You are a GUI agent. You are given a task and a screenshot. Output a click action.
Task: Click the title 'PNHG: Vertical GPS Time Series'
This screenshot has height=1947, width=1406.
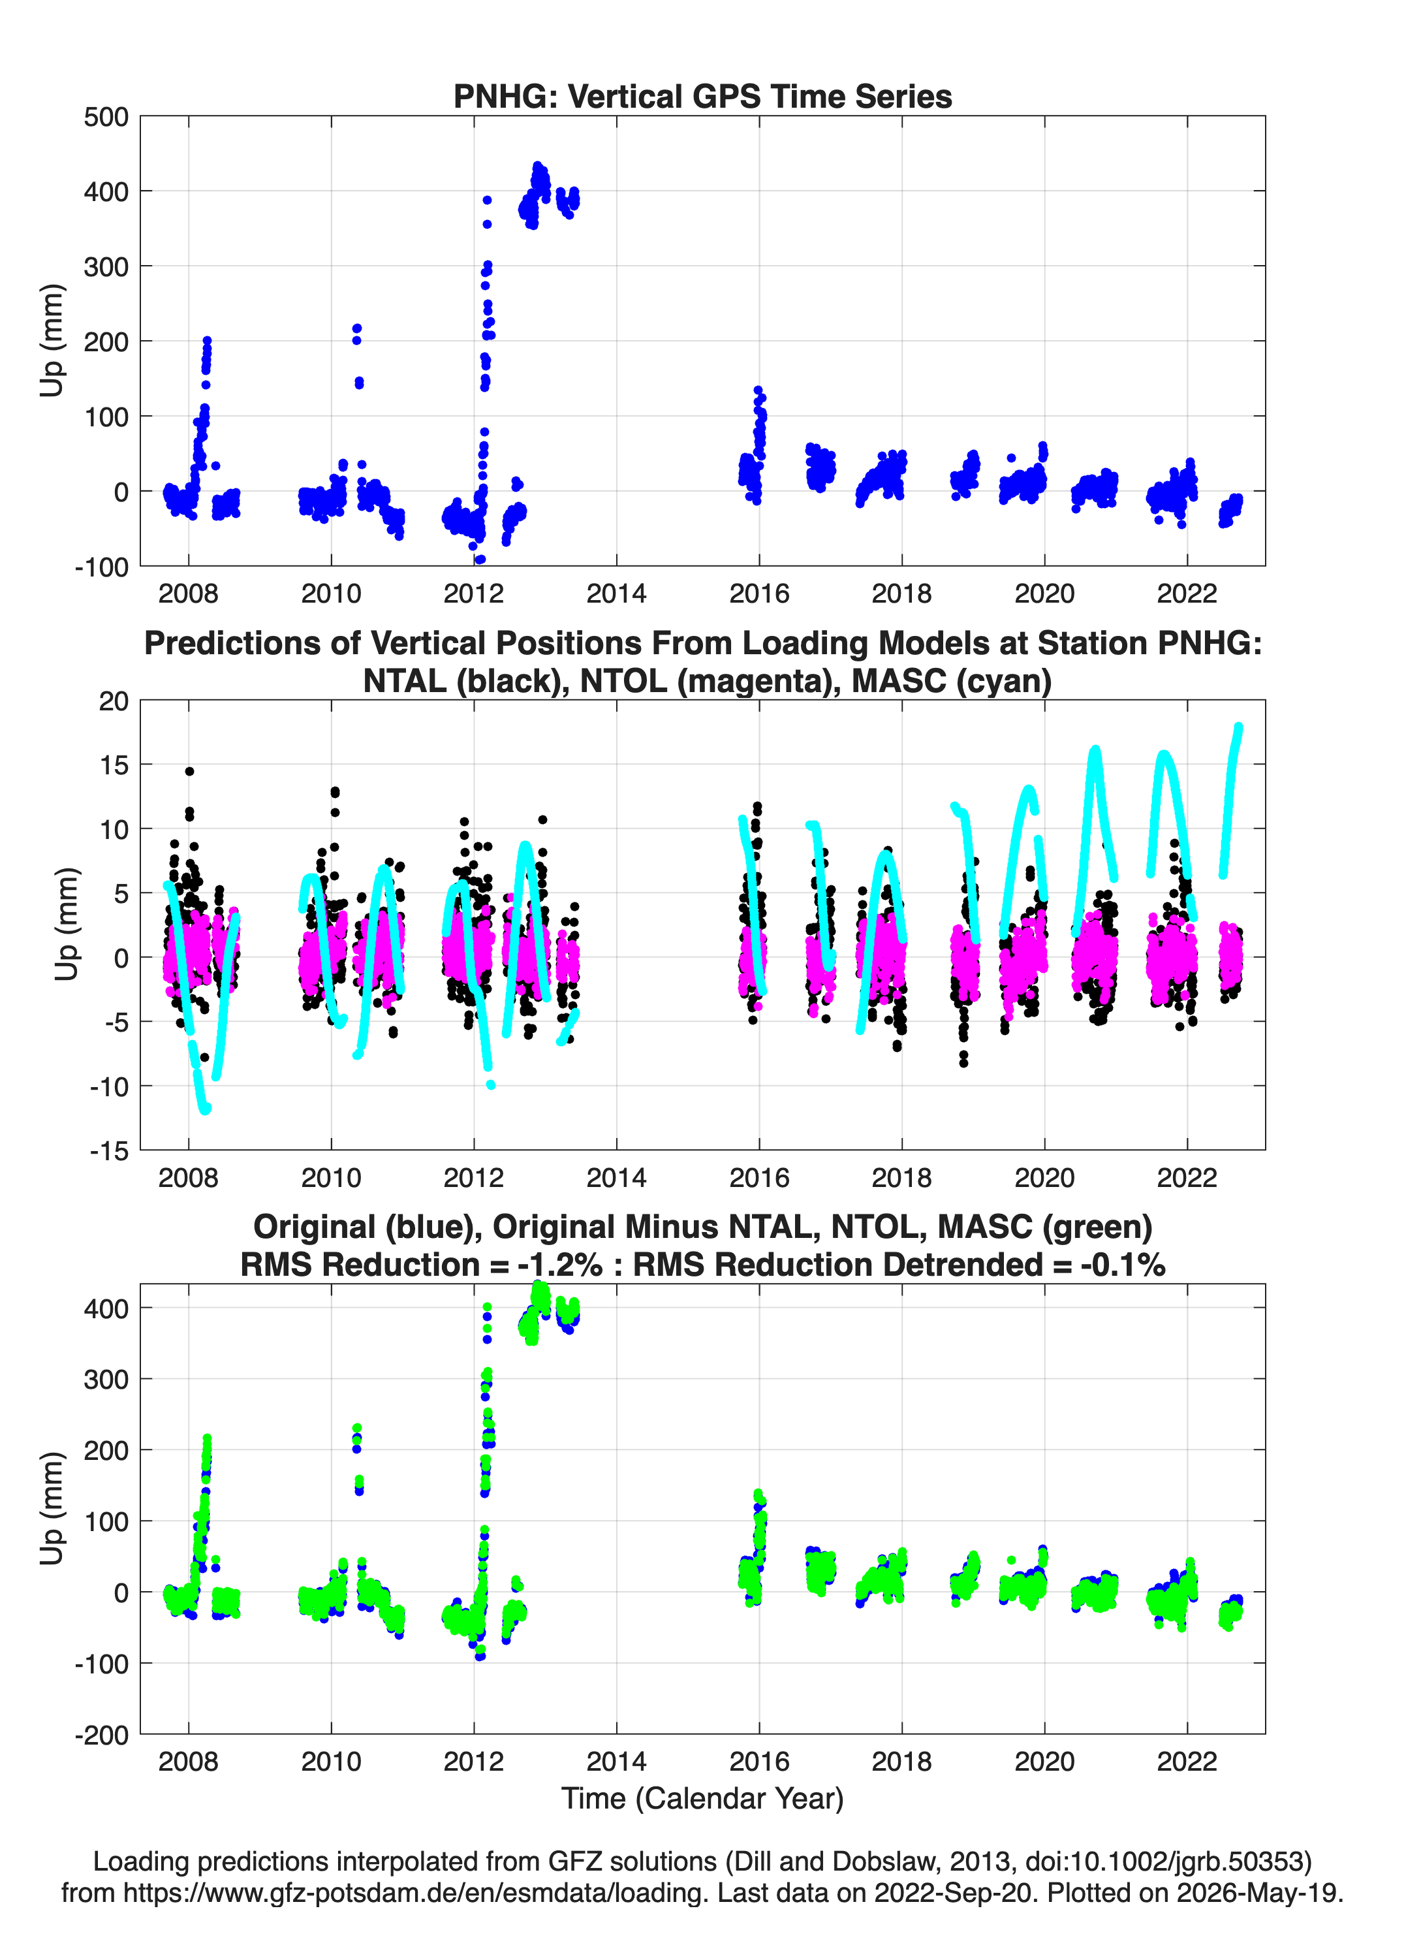702,96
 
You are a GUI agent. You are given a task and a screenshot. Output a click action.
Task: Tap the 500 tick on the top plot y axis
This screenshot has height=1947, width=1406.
106,117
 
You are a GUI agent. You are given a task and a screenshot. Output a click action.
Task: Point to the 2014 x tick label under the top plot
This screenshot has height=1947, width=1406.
616,594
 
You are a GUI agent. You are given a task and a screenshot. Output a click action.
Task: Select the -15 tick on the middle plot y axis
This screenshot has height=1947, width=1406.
110,1151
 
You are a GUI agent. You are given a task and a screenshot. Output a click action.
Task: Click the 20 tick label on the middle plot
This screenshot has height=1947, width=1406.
114,701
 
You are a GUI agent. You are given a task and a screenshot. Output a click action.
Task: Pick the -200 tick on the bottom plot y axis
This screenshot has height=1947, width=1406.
102,1735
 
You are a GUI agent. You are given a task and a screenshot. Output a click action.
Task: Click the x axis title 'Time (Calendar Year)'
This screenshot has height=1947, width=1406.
702,1797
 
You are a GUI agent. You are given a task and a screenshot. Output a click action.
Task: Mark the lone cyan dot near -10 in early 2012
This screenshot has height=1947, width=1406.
491,1085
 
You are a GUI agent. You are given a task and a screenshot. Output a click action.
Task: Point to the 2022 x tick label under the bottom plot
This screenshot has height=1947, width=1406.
1187,1761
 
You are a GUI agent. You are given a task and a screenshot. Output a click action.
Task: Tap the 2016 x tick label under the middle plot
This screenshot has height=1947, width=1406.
758,1177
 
